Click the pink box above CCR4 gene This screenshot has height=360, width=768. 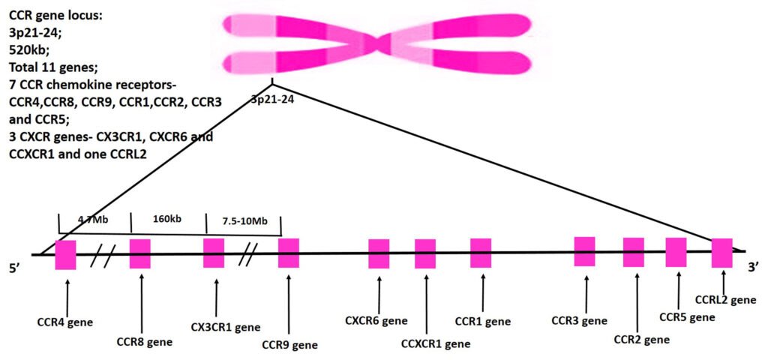[x=65, y=255]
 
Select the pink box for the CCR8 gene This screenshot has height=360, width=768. [x=140, y=253]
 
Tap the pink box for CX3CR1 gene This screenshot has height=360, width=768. [x=214, y=253]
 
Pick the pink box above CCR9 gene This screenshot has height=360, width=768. [x=289, y=253]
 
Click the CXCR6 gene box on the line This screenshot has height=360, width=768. [x=379, y=253]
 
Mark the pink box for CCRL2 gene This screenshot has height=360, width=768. [x=721, y=253]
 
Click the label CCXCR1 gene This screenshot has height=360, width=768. [x=436, y=344]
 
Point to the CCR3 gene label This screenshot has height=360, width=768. [x=579, y=322]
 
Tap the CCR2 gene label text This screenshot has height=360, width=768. [x=641, y=339]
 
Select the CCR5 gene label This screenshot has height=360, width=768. [x=687, y=317]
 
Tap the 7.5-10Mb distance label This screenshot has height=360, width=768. [x=241, y=223]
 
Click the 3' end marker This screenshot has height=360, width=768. [x=755, y=266]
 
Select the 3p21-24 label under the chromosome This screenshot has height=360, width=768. [x=272, y=98]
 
